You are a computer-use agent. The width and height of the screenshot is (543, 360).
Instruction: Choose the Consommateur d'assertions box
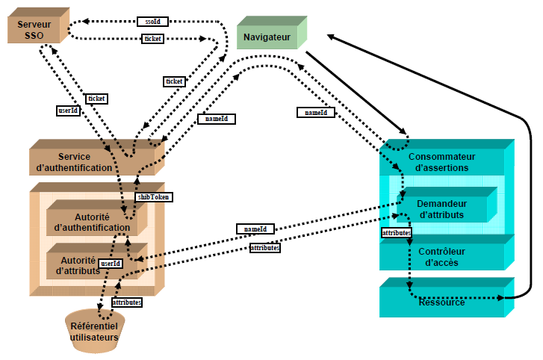click(x=438, y=161)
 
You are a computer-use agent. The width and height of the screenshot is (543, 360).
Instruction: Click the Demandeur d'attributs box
click(x=441, y=209)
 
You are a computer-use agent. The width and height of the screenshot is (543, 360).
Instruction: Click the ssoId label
click(x=152, y=22)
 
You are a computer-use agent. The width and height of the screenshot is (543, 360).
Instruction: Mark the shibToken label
click(x=153, y=197)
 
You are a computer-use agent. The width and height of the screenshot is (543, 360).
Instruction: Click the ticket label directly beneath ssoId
click(x=152, y=39)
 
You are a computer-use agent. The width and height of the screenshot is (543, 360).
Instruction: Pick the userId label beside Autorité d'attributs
click(x=111, y=264)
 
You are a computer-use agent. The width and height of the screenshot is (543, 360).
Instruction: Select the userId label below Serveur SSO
click(x=68, y=111)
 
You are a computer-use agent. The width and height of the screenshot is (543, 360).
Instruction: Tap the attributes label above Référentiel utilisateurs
click(x=126, y=302)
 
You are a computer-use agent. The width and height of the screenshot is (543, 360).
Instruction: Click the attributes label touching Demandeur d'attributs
click(x=396, y=233)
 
